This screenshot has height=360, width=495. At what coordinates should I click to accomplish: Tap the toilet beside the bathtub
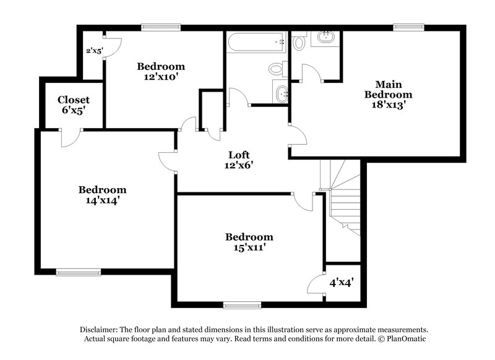click(x=277, y=69)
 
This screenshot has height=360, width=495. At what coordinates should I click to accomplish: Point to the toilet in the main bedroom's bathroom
click(x=299, y=42)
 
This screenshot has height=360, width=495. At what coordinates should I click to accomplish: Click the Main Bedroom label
click(x=388, y=90)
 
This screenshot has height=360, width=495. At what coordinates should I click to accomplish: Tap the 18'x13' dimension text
click(x=388, y=105)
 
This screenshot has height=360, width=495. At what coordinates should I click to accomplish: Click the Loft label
click(x=239, y=155)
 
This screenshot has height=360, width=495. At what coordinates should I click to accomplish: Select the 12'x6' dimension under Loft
click(x=239, y=165)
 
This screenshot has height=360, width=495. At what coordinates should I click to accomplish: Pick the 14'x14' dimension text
click(x=102, y=200)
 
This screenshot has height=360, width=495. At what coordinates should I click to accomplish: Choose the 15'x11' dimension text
click(x=249, y=247)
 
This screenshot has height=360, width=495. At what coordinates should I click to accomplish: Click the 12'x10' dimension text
click(x=161, y=77)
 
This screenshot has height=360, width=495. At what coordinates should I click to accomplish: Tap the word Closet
click(x=74, y=100)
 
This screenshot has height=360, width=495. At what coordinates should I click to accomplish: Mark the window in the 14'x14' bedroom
click(x=78, y=272)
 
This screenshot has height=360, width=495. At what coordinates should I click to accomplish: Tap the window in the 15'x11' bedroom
click(x=241, y=304)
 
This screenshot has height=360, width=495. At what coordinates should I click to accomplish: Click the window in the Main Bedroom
click(x=407, y=27)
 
